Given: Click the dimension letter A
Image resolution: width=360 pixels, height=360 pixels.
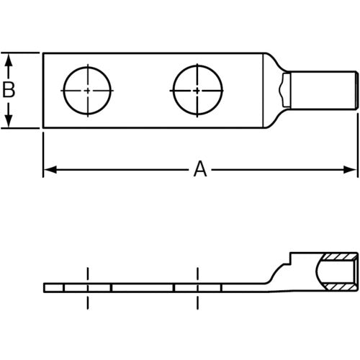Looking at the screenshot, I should pos(200,170).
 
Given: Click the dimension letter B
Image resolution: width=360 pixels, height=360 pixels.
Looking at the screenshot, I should pos(9,91).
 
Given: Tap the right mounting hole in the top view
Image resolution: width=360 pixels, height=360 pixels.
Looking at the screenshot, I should pos(197,91).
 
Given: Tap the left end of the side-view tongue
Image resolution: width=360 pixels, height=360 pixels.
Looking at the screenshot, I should pos(45,288).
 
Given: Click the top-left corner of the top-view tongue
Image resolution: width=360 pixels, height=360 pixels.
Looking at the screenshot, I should pos(43,53).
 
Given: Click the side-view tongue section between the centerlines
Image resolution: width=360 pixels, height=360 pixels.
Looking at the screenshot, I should pos(142,288).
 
